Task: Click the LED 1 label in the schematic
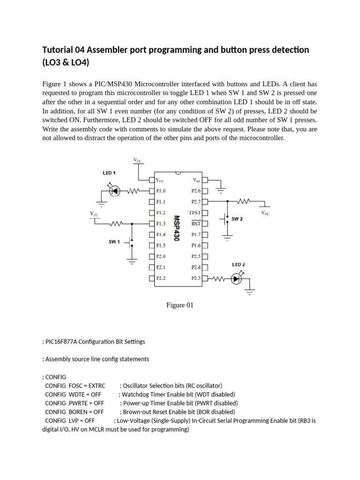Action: [x=109, y=173]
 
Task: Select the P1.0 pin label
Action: [x=161, y=191]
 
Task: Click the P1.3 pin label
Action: [x=161, y=224]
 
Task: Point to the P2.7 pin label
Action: [x=196, y=202]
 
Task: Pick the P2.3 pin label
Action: [x=196, y=278]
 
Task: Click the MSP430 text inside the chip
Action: [x=177, y=228]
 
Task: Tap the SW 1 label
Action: [x=114, y=242]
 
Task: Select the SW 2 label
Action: [x=237, y=219]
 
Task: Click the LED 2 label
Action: [x=239, y=264]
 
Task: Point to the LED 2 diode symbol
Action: [x=236, y=278]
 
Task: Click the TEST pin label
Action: [x=195, y=212]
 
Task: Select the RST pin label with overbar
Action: [x=195, y=224]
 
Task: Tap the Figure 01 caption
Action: [x=180, y=305]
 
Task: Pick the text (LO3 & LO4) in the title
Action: [x=66, y=63]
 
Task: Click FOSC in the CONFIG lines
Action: [x=75, y=386]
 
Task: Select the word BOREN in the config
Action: [x=78, y=412]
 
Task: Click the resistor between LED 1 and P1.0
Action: [x=135, y=191]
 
